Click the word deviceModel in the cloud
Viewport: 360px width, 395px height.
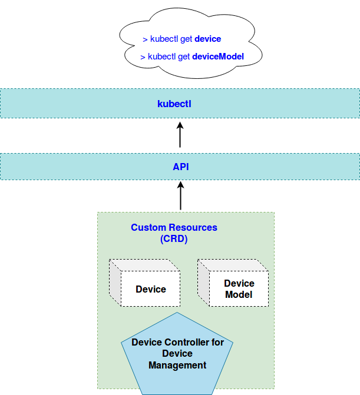pyautogui.click(x=218, y=57)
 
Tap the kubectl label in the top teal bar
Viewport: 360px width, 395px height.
pyautogui.click(x=174, y=104)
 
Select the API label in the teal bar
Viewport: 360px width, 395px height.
pyautogui.click(x=180, y=167)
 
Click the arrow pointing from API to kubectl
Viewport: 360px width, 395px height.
pyautogui.click(x=180, y=135)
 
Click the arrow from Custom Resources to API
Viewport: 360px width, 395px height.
pyautogui.click(x=180, y=197)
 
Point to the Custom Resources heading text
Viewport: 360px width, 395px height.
pyautogui.click(x=174, y=227)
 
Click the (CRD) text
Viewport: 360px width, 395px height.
pyautogui.click(x=174, y=239)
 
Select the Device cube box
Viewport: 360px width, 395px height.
pyautogui.click(x=150, y=288)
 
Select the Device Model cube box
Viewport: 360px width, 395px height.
pyautogui.click(x=239, y=288)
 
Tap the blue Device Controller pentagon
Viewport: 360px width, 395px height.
pyautogui.click(x=177, y=353)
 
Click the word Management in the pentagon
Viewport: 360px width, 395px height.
pyautogui.click(x=177, y=366)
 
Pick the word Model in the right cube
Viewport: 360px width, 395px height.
pyautogui.click(x=239, y=294)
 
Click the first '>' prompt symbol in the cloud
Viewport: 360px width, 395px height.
pyautogui.click(x=145, y=39)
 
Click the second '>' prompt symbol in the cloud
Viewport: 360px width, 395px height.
pyautogui.click(x=143, y=57)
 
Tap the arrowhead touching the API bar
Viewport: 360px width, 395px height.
pyautogui.click(x=180, y=187)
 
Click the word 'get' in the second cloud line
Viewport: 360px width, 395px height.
pyautogui.click(x=184, y=57)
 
